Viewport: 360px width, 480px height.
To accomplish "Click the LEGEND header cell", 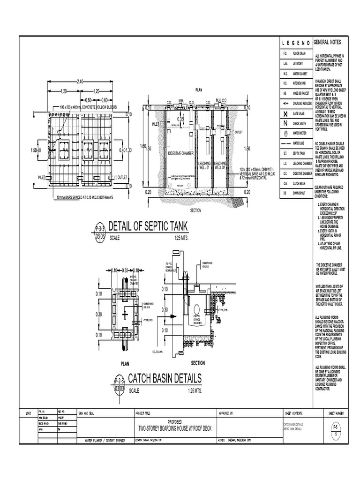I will tap(296, 43).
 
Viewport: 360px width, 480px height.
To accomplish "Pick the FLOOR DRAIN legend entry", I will tap(299, 54).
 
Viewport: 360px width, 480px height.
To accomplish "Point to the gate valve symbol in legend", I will tap(285, 114).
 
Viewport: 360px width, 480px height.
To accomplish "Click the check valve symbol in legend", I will tap(285, 123).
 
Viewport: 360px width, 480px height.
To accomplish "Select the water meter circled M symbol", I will tap(285, 133).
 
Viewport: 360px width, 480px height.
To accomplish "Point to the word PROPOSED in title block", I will tap(176, 421).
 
